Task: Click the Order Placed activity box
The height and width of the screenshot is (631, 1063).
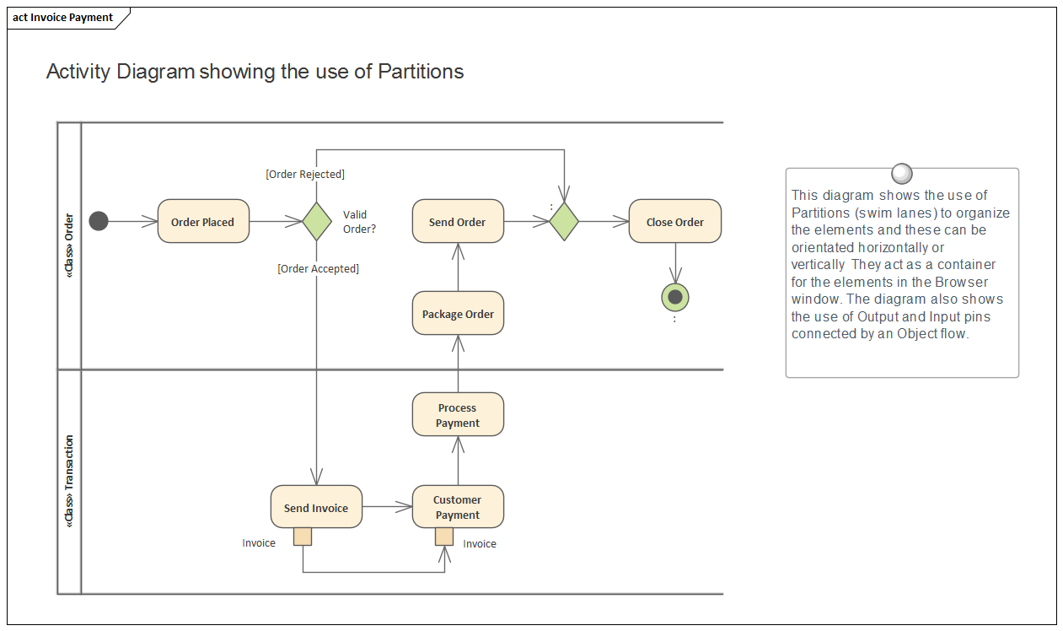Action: (x=203, y=222)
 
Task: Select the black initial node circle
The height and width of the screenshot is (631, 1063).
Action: (x=99, y=222)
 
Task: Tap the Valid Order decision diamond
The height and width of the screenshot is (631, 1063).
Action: (x=316, y=222)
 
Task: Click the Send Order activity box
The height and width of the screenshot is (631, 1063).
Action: (x=458, y=222)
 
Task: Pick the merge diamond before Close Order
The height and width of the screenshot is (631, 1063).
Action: (x=564, y=222)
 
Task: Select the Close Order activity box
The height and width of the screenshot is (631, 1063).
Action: (x=674, y=222)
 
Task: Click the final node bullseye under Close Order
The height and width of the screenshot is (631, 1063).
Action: (x=675, y=296)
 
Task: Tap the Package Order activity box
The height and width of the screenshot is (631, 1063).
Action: (x=458, y=314)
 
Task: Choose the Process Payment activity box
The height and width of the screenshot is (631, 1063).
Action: (x=458, y=415)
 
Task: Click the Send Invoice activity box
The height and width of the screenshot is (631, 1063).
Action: (x=316, y=507)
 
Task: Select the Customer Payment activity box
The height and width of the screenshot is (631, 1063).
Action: (x=458, y=507)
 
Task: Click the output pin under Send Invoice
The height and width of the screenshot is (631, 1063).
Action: (x=303, y=537)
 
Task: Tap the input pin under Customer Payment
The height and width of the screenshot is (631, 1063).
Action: (x=444, y=537)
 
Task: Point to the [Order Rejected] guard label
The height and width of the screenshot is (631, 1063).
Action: (x=305, y=175)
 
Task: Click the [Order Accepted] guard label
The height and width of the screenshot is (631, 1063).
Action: (x=318, y=269)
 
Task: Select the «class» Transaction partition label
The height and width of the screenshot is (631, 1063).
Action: (x=69, y=482)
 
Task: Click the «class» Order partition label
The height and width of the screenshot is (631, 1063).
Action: (x=69, y=245)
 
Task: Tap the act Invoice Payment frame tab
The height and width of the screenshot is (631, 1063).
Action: (x=63, y=18)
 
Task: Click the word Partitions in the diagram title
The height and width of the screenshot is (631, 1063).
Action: (x=421, y=72)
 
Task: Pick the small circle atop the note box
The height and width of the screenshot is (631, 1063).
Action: (x=901, y=174)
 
